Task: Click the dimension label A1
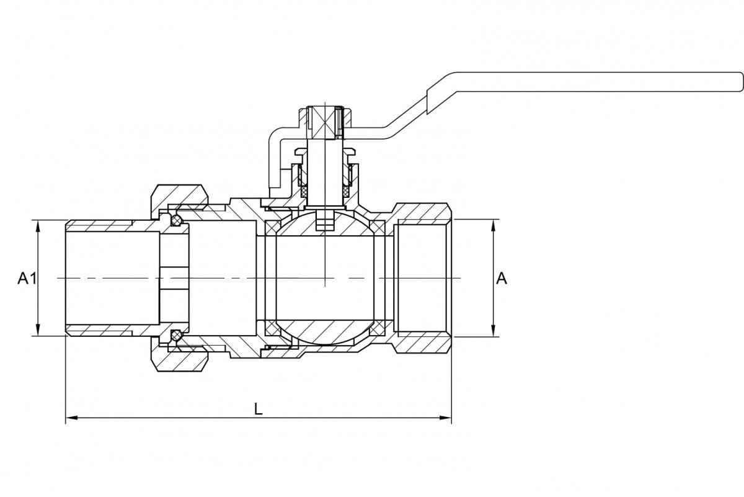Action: tap(27, 278)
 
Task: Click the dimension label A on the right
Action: tap(502, 278)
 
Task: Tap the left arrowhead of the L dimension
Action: tap(71, 418)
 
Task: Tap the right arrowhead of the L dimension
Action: tap(445, 418)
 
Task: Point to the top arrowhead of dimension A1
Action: tap(38, 225)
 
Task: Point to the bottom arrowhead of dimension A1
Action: tap(38, 330)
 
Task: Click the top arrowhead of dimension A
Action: tap(494, 225)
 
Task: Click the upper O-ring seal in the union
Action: tap(176, 220)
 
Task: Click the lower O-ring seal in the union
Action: tap(176, 335)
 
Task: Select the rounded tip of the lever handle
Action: tap(740, 81)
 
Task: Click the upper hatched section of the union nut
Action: tap(179, 197)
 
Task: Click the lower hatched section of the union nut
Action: tap(179, 358)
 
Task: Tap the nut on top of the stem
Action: tap(325, 122)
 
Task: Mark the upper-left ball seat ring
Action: tap(272, 227)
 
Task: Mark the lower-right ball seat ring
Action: tap(378, 328)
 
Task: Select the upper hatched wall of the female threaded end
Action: tap(422, 213)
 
